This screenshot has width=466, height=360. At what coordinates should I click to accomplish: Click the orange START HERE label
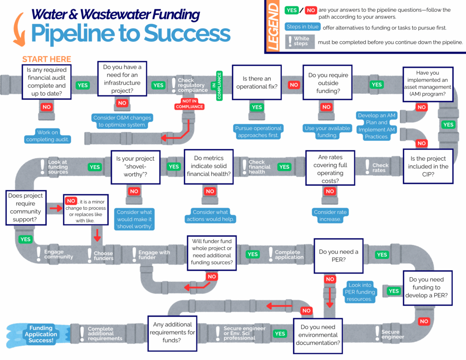(46, 59)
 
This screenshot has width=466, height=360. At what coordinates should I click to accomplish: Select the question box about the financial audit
(46, 82)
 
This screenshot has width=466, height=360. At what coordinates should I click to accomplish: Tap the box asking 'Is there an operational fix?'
(257, 82)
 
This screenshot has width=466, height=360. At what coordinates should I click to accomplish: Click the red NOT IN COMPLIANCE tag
(190, 104)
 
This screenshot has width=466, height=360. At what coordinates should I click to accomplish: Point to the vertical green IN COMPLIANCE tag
(219, 85)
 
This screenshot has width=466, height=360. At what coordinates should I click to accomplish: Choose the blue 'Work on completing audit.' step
(48, 136)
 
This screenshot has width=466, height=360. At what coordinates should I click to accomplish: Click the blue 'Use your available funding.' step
(326, 132)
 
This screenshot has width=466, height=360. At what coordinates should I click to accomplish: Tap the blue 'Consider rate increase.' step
(330, 216)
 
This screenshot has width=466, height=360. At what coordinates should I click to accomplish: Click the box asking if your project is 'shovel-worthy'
(135, 167)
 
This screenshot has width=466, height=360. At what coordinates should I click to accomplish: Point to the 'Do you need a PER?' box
(338, 255)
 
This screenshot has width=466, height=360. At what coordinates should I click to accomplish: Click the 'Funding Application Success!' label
(41, 334)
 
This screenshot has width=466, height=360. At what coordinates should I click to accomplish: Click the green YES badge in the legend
(291, 10)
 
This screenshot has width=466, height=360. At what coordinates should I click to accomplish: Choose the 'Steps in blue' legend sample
(302, 27)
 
